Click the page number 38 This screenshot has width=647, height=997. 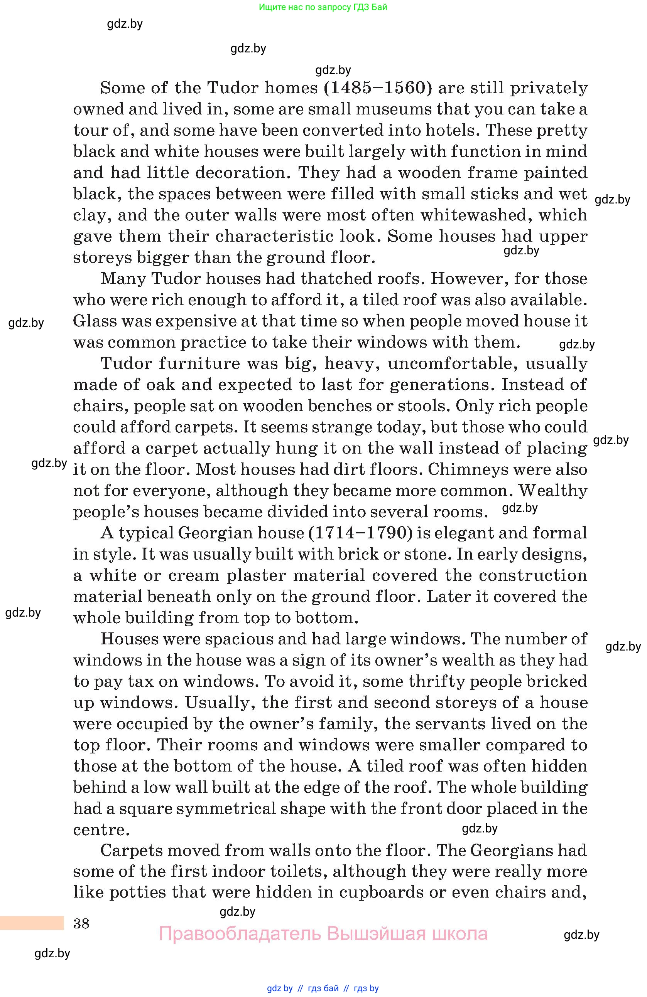point(81,923)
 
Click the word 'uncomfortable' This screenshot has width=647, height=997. point(453,363)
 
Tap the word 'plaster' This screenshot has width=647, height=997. point(256,576)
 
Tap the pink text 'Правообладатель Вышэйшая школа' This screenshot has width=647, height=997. point(323,934)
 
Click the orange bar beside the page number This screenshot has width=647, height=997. point(32,923)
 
